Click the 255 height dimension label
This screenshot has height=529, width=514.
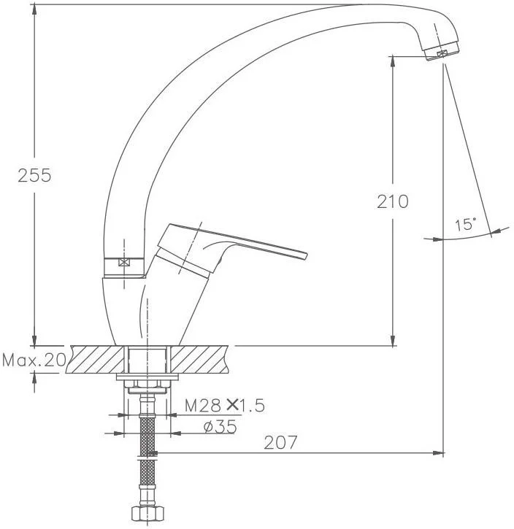click(34, 175)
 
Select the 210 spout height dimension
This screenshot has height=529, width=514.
click(393, 201)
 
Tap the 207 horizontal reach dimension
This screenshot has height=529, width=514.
click(280, 442)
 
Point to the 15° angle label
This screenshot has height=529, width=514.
click(466, 224)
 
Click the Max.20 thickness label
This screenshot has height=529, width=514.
click(34, 360)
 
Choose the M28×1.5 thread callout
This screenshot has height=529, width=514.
click(224, 405)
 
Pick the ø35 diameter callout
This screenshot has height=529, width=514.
click(220, 427)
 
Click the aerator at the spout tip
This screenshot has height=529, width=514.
click(442, 52)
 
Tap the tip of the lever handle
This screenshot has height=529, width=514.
click(307, 255)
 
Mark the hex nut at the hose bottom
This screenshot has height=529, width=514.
click(147, 514)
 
